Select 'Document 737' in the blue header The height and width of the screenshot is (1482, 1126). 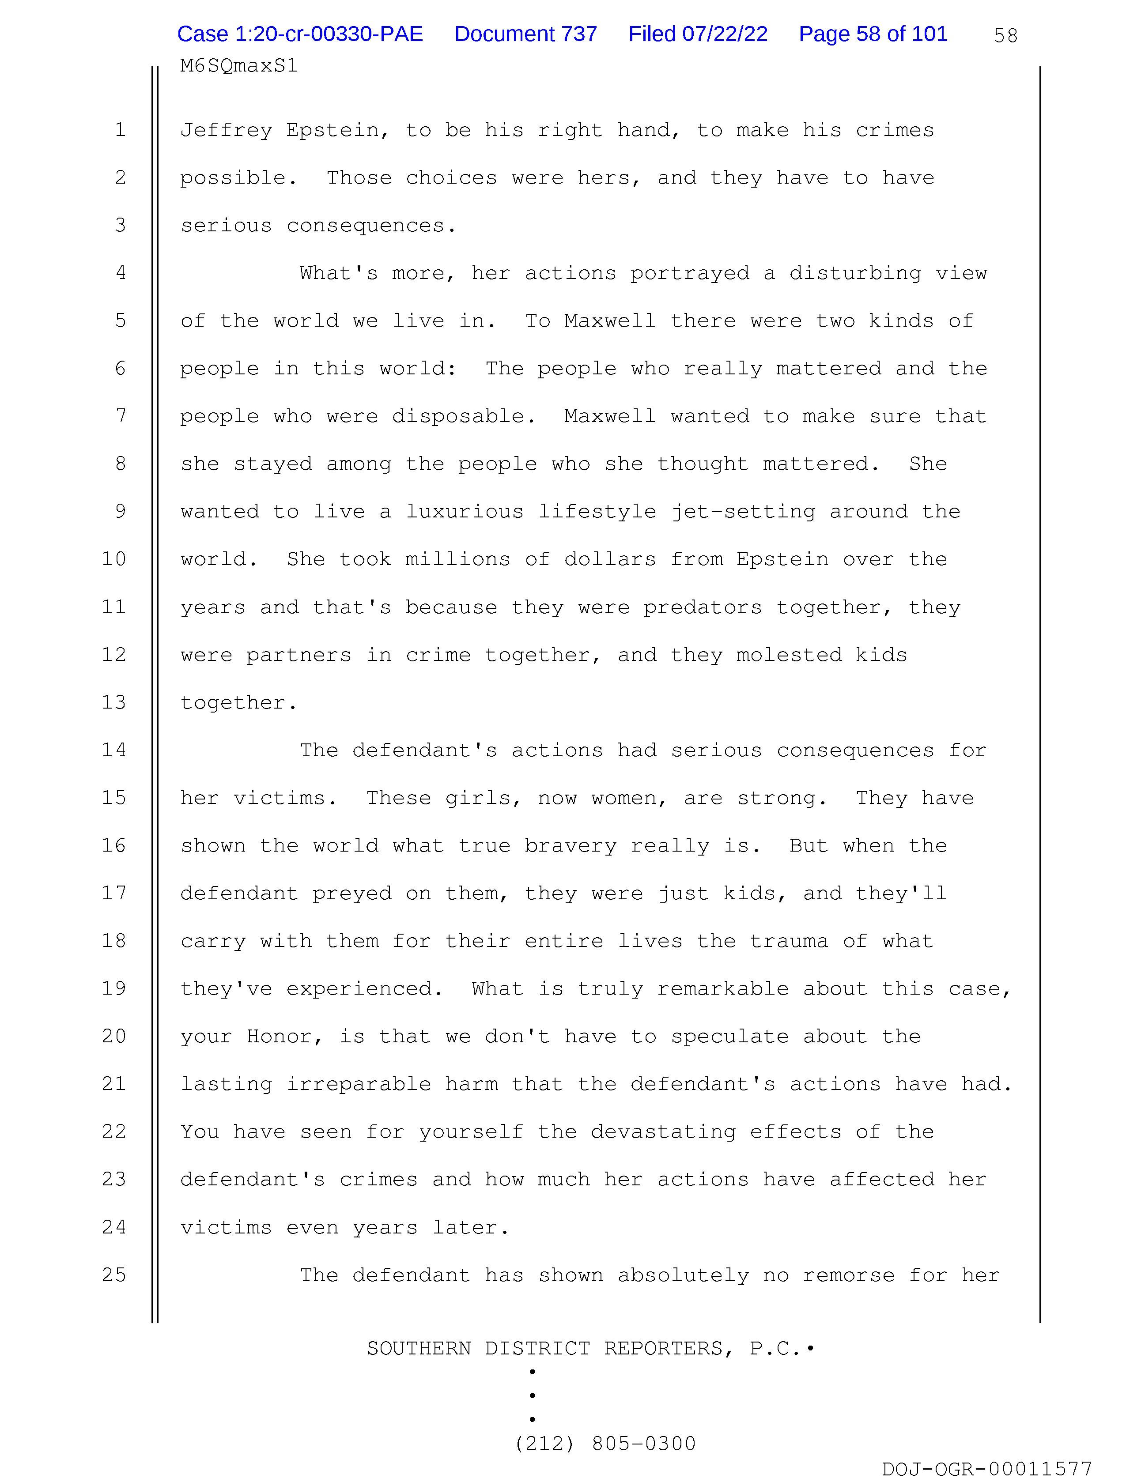[x=525, y=34]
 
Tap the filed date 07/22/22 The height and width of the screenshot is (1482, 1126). [x=698, y=34]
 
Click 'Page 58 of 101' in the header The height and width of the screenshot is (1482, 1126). [x=873, y=34]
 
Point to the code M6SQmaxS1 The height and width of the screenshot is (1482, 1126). [x=238, y=66]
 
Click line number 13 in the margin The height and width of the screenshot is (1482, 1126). [x=114, y=702]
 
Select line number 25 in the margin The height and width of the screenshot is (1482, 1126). [x=114, y=1275]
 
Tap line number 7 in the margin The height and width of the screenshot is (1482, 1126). [x=121, y=416]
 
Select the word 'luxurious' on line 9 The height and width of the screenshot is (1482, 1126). [x=465, y=511]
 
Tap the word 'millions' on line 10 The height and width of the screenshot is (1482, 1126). [x=458, y=559]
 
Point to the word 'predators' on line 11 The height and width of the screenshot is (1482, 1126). [x=703, y=607]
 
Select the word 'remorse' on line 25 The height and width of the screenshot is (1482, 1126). [x=849, y=1275]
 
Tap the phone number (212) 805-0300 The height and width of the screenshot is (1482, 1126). [x=605, y=1443]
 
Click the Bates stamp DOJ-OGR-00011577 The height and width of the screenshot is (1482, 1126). [x=986, y=1469]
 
